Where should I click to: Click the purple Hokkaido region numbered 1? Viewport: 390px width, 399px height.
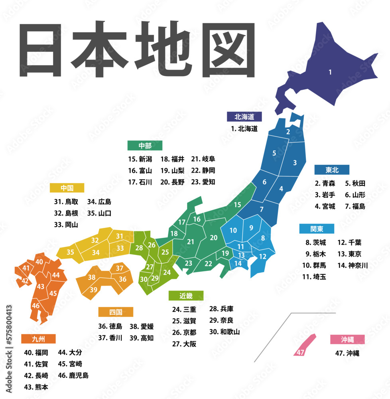[330, 72]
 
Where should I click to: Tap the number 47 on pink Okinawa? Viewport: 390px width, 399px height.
[300, 352]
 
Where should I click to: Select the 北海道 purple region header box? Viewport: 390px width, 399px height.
[244, 117]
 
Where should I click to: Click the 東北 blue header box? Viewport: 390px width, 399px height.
[332, 170]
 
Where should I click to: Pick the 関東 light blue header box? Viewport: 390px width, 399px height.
[317, 229]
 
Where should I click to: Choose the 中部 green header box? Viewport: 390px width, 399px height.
[145, 145]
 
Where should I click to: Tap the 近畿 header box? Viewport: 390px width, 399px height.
[186, 296]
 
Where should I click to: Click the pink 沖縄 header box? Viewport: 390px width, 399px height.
[347, 340]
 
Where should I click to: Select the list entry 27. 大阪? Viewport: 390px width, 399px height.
[184, 344]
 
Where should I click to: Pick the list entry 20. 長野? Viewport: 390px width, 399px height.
[173, 182]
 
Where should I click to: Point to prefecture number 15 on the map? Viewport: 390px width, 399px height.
[237, 205]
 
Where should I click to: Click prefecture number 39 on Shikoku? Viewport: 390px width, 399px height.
[93, 290]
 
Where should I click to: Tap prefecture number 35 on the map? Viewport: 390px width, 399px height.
[70, 252]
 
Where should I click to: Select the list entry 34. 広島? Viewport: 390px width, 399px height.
[99, 201]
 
